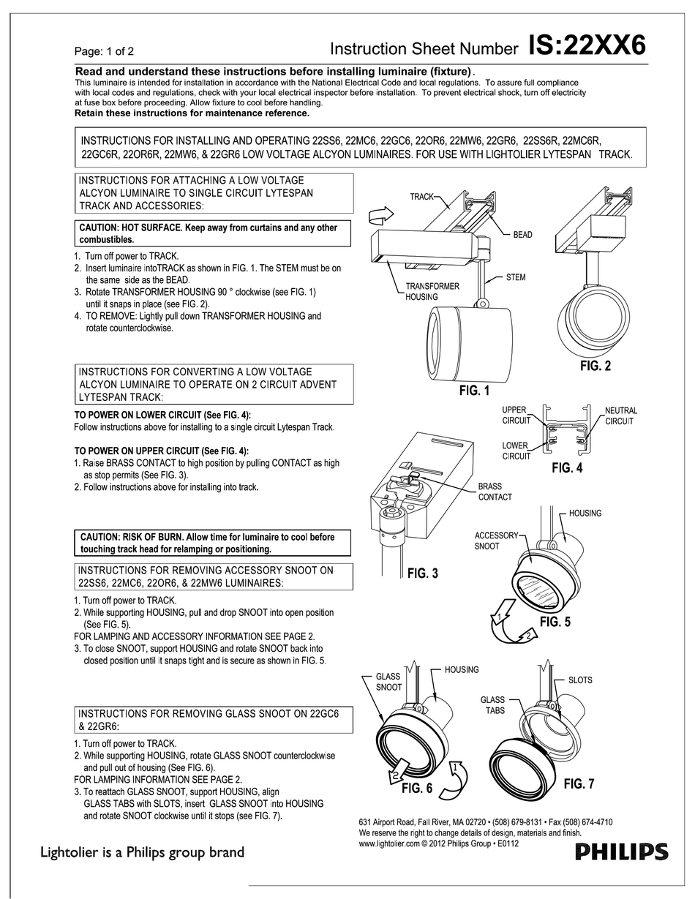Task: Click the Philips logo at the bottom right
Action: click(x=621, y=851)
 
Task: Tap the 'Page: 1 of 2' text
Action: click(x=104, y=51)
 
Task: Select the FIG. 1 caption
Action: click(x=474, y=391)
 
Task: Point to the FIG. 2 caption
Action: click(x=595, y=366)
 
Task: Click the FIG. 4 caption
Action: click(x=567, y=467)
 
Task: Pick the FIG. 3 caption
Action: click(x=422, y=573)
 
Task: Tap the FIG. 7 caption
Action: click(x=579, y=784)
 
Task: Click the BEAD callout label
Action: click(x=522, y=235)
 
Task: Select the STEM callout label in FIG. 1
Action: click(x=515, y=278)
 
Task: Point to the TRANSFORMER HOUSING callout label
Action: click(x=432, y=291)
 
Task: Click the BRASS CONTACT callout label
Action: click(x=495, y=492)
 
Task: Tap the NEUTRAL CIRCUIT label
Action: click(x=621, y=416)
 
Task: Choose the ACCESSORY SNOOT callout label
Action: click(x=496, y=541)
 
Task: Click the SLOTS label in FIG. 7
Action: click(x=580, y=680)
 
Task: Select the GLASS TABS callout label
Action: click(x=492, y=705)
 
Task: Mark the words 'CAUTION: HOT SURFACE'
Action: click(x=129, y=227)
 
